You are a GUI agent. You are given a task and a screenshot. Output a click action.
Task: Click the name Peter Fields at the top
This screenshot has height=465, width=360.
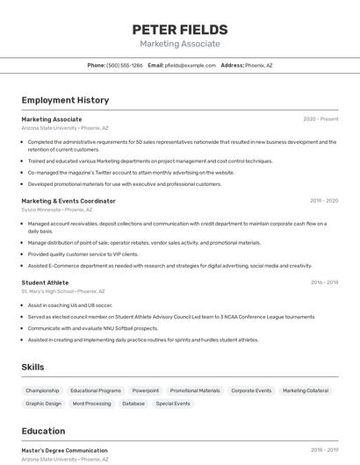click(x=180, y=29)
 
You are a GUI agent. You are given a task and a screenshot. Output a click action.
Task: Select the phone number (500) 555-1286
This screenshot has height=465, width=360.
click(x=125, y=65)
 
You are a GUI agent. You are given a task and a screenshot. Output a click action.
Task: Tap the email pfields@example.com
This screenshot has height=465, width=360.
click(x=190, y=65)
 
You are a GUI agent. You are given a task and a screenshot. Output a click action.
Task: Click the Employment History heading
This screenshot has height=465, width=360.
click(x=65, y=100)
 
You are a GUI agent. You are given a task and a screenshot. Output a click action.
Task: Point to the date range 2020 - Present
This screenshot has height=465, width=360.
click(x=320, y=119)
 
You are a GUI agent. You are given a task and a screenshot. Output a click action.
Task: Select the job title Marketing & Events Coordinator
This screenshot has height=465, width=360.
click(x=68, y=201)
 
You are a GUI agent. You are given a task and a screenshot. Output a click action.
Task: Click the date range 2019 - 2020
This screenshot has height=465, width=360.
click(x=324, y=201)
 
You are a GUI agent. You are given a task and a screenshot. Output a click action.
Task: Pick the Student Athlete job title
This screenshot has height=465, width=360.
click(x=45, y=283)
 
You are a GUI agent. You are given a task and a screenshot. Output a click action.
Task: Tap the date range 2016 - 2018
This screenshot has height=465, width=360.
click(x=324, y=283)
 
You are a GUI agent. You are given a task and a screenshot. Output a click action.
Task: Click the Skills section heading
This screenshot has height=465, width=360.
click(x=32, y=367)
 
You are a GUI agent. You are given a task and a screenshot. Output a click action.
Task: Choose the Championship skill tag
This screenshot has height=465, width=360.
click(x=42, y=390)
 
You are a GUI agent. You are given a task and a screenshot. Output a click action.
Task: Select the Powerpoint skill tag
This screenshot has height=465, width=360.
click(x=146, y=390)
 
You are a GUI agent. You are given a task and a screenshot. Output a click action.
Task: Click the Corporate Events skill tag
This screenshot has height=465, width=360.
click(x=251, y=390)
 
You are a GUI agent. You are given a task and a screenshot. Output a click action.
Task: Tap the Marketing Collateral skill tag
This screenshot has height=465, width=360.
click(x=306, y=390)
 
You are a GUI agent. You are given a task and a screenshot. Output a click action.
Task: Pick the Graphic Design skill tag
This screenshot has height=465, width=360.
click(x=43, y=404)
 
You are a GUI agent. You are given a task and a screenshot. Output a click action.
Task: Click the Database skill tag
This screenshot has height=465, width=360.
click(x=133, y=404)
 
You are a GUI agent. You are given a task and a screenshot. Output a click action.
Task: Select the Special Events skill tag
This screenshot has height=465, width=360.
click(x=173, y=404)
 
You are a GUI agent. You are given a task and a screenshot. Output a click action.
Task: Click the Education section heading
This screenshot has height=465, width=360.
click(x=43, y=431)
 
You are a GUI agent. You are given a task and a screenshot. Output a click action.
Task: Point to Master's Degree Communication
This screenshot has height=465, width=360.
click(x=64, y=450)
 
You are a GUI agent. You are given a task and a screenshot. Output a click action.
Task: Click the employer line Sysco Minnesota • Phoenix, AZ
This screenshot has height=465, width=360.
click(x=57, y=210)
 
